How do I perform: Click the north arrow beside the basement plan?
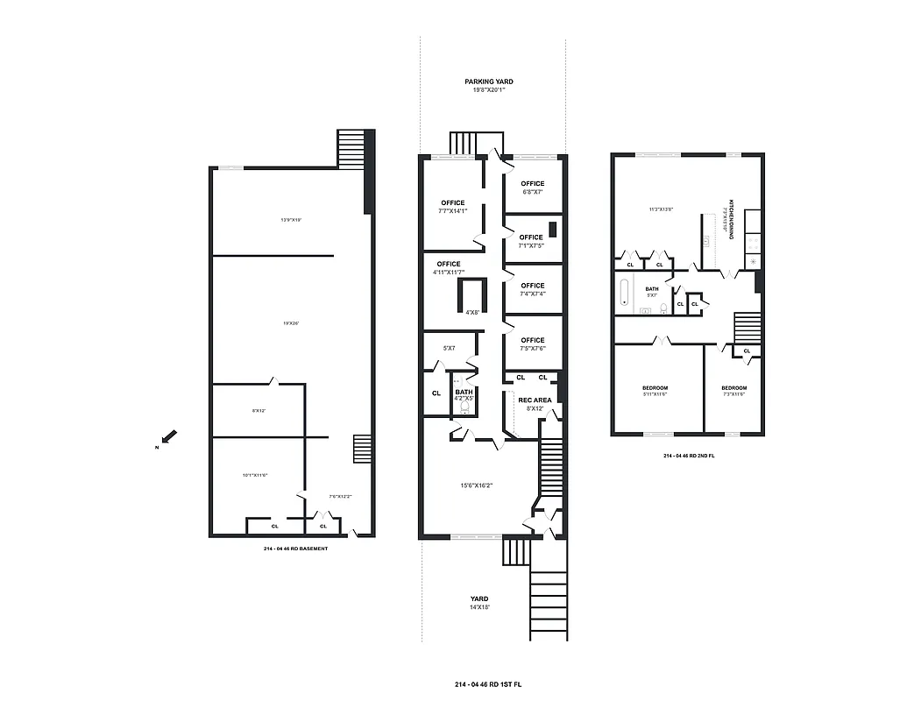pyautogui.click(x=170, y=436)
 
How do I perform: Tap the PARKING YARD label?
pyautogui.click(x=489, y=81)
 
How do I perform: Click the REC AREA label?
pyautogui.click(x=535, y=400)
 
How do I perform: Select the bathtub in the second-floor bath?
pyautogui.click(x=624, y=292)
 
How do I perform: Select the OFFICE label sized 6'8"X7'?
pyautogui.click(x=532, y=184)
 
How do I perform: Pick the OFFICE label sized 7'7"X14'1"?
pyautogui.click(x=453, y=203)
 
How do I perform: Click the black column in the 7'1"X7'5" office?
pyautogui.click(x=553, y=230)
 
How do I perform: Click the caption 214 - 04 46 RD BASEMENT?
pyautogui.click(x=295, y=549)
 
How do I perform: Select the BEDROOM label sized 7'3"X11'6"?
pyautogui.click(x=733, y=388)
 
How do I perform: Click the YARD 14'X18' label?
pyautogui.click(x=478, y=600)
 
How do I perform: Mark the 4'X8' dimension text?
pyautogui.click(x=471, y=312)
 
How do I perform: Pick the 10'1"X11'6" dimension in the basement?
pyautogui.click(x=255, y=475)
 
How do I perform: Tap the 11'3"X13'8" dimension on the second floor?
pyautogui.click(x=660, y=209)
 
